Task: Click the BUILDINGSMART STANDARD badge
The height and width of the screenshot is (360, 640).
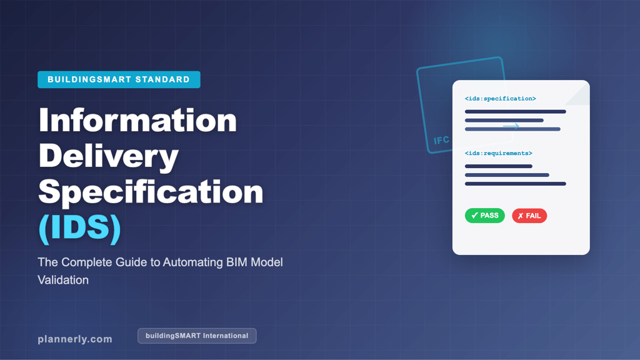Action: tap(119, 79)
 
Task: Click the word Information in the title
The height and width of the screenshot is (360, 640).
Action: tap(137, 121)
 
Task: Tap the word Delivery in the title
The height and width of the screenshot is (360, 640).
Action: tap(108, 157)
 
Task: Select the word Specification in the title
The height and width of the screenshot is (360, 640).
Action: tap(151, 193)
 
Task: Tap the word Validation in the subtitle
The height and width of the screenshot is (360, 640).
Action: tap(63, 280)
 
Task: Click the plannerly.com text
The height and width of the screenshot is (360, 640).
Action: tap(75, 339)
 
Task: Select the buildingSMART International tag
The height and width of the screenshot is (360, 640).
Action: tap(197, 336)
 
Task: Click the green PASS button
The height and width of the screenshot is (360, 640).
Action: tap(485, 216)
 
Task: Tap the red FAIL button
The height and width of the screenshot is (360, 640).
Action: tap(529, 216)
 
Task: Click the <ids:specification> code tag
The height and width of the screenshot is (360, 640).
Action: tap(500, 99)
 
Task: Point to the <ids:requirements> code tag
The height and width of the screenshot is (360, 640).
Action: tap(499, 153)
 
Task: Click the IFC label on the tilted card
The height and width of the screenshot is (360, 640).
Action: tap(441, 140)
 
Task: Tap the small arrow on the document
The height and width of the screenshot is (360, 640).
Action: tap(511, 126)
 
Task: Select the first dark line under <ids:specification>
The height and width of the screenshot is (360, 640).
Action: tap(515, 112)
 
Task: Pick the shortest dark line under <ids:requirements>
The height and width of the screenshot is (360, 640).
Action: tap(498, 166)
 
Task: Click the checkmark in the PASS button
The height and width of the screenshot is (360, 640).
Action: tap(474, 216)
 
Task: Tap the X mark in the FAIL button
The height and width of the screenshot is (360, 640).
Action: tap(520, 216)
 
